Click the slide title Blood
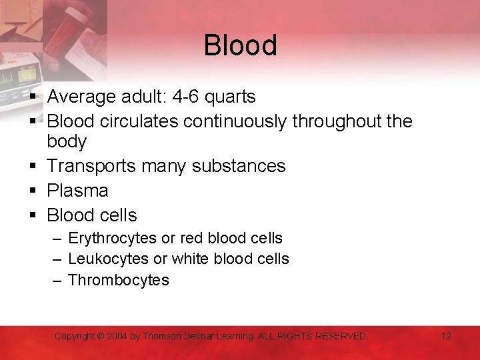point(240,46)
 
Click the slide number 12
point(446,336)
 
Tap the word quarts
point(230,97)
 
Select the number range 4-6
point(185,97)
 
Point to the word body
point(67,142)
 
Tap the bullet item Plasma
point(77,191)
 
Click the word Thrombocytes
point(119,280)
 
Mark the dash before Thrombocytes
point(57,280)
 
